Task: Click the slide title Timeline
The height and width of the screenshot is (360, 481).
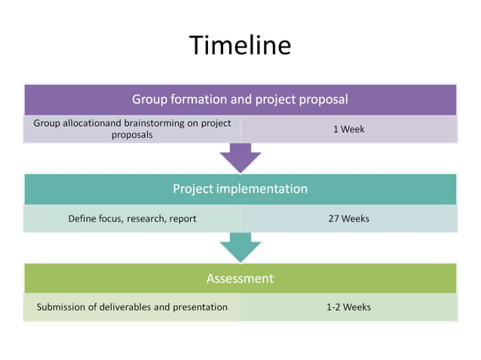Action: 240,45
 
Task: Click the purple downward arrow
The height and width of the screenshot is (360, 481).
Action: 240,157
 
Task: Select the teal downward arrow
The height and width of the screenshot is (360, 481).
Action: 240,246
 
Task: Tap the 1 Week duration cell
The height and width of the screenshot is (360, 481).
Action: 348,129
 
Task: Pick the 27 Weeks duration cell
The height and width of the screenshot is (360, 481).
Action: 348,218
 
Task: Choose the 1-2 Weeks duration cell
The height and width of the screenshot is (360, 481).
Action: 348,307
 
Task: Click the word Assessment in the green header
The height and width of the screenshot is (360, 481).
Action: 240,279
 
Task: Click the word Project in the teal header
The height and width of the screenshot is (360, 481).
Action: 193,188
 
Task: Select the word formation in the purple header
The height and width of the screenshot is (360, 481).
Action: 196,99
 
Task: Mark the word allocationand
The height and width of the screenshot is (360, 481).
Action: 89,123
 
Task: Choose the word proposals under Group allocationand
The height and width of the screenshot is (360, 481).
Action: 132,135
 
